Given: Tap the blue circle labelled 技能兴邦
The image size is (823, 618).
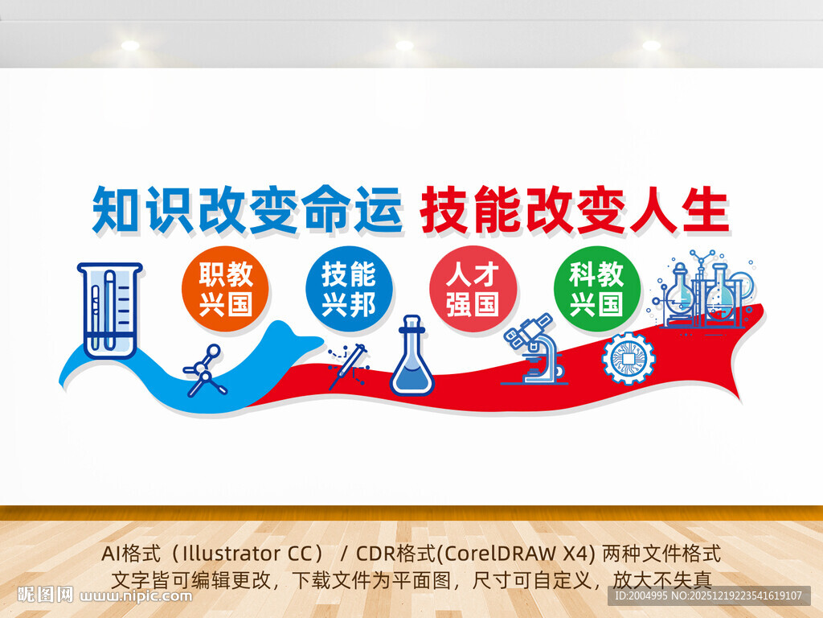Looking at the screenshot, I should pyautogui.click(x=349, y=289).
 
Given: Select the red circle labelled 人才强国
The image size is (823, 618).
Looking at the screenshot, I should pyautogui.click(x=473, y=289).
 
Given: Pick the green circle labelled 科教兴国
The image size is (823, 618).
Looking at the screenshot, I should pyautogui.click(x=596, y=289).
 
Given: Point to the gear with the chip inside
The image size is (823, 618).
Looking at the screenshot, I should pyautogui.click(x=628, y=358).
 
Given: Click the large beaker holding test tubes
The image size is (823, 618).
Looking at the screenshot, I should pyautogui.click(x=110, y=310).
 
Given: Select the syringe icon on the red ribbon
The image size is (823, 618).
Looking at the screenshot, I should pyautogui.click(x=349, y=366).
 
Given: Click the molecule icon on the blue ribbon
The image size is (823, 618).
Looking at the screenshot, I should pyautogui.click(x=205, y=371).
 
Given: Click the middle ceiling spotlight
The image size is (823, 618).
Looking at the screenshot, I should pyautogui.click(x=404, y=46).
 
